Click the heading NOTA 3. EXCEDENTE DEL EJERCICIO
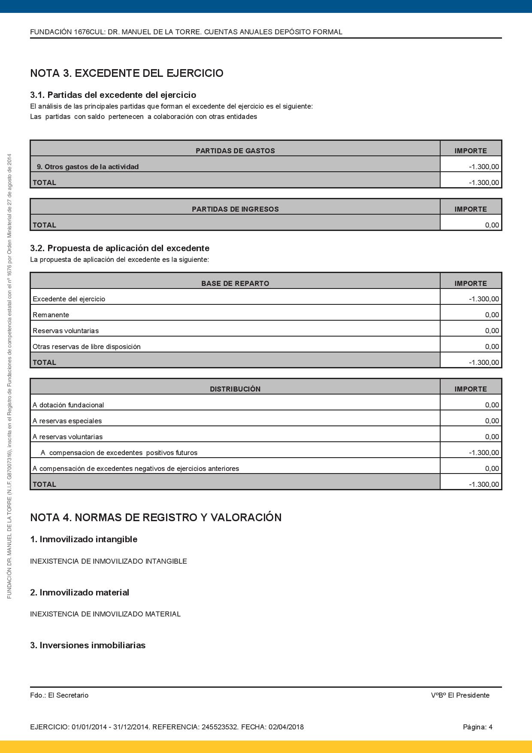[x=127, y=73]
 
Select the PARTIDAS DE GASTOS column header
[x=235, y=151]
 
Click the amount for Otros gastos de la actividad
[x=484, y=167]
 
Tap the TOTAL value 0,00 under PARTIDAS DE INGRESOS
[x=492, y=225]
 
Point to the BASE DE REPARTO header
[x=235, y=283]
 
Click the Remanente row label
[x=51, y=315]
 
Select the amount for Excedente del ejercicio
[x=484, y=299]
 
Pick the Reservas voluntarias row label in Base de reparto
[x=66, y=331]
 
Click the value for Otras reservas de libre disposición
[x=492, y=346]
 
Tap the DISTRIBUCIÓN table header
[x=235, y=389]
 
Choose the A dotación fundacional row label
[x=68, y=405]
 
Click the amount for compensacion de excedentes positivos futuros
[x=484, y=452]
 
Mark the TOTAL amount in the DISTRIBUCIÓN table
[x=484, y=484]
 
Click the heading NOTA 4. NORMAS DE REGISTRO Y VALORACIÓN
[x=156, y=518]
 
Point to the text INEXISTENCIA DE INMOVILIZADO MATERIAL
[x=105, y=614]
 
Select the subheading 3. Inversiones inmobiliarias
[x=88, y=645]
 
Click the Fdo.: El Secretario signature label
[x=59, y=695]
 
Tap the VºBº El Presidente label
[x=460, y=695]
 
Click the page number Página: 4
[x=478, y=727]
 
